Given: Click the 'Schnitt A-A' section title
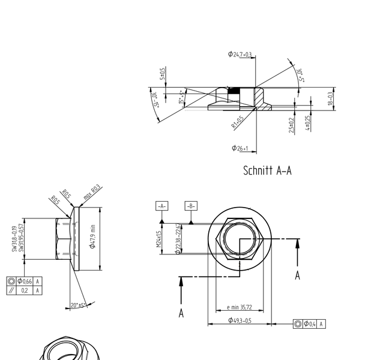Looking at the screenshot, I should click(267, 170).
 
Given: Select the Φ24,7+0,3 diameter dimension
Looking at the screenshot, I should click(240, 54).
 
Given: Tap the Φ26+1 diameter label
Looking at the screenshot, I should click(240, 148).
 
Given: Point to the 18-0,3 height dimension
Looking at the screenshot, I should click(330, 99).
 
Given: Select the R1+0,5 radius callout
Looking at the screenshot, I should click(238, 122).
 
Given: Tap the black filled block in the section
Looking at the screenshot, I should click(234, 91).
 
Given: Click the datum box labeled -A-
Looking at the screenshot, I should click(161, 206).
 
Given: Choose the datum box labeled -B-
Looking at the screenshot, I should click(191, 206).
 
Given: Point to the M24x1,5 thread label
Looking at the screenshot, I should click(159, 239).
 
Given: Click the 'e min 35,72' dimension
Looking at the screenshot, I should click(239, 308).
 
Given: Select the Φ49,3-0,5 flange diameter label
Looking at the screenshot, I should click(240, 320).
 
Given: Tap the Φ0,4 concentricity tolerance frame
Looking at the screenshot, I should click(310, 324).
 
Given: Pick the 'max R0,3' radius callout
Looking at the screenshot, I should click(92, 194).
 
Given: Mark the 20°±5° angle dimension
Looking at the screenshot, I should click(79, 305).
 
